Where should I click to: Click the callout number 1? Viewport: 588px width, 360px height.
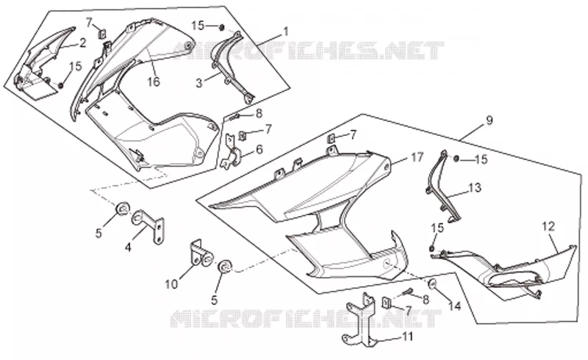[286, 32]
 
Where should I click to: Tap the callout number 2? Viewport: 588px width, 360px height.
[82, 43]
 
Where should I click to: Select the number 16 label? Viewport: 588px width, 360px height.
[154, 82]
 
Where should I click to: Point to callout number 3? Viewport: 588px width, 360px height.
[199, 83]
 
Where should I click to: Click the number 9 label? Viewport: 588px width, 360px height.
[489, 120]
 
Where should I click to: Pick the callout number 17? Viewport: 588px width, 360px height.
[417, 157]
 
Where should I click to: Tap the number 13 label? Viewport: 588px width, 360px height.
[475, 187]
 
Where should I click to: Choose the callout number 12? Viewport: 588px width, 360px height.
[548, 226]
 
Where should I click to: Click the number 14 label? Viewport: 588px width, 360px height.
[454, 306]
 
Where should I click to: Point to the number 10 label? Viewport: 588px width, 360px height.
[171, 284]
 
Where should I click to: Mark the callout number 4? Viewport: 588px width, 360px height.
[128, 248]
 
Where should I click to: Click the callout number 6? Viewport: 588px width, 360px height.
[259, 149]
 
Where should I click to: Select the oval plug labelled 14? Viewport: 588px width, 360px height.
[432, 284]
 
